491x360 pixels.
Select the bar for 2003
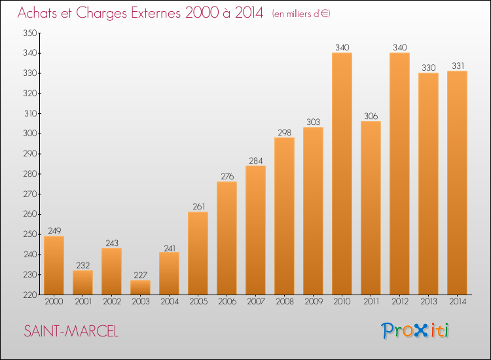[140, 287]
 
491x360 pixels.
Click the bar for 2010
[342, 173]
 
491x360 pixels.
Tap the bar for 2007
[255, 230]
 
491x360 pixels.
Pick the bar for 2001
[82, 282]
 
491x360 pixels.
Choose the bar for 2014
[457, 183]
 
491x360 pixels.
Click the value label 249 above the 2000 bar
[54, 230]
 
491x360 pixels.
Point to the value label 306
[371, 116]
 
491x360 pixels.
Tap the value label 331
[458, 65]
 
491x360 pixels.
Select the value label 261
[199, 207]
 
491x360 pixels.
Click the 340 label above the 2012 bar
[400, 47]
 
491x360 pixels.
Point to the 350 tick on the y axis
[30, 33]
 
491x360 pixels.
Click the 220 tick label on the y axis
[30, 295]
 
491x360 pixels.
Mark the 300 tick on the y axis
[30, 134]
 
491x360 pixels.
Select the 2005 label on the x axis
[198, 302]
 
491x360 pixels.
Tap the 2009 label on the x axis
[314, 302]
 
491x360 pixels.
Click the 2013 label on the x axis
[429, 302]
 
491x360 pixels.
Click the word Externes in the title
[156, 13]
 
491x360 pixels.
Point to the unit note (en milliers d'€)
[301, 14]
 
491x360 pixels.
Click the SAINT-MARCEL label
[71, 331]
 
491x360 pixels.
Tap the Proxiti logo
[415, 331]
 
